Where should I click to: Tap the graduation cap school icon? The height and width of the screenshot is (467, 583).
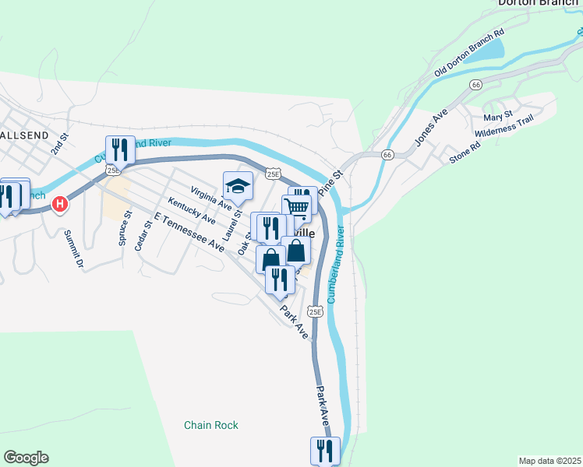tap(238, 185)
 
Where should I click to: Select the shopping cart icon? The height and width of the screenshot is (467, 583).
tap(296, 208)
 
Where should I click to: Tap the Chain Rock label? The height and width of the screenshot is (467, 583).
tap(211, 425)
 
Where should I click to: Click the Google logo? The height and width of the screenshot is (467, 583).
tap(26, 458)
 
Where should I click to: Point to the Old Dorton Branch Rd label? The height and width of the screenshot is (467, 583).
tap(469, 54)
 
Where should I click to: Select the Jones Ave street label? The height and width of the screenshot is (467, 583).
tap(430, 127)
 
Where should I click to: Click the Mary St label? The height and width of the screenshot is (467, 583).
tap(496, 118)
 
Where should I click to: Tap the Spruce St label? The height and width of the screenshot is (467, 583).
tap(122, 231)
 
